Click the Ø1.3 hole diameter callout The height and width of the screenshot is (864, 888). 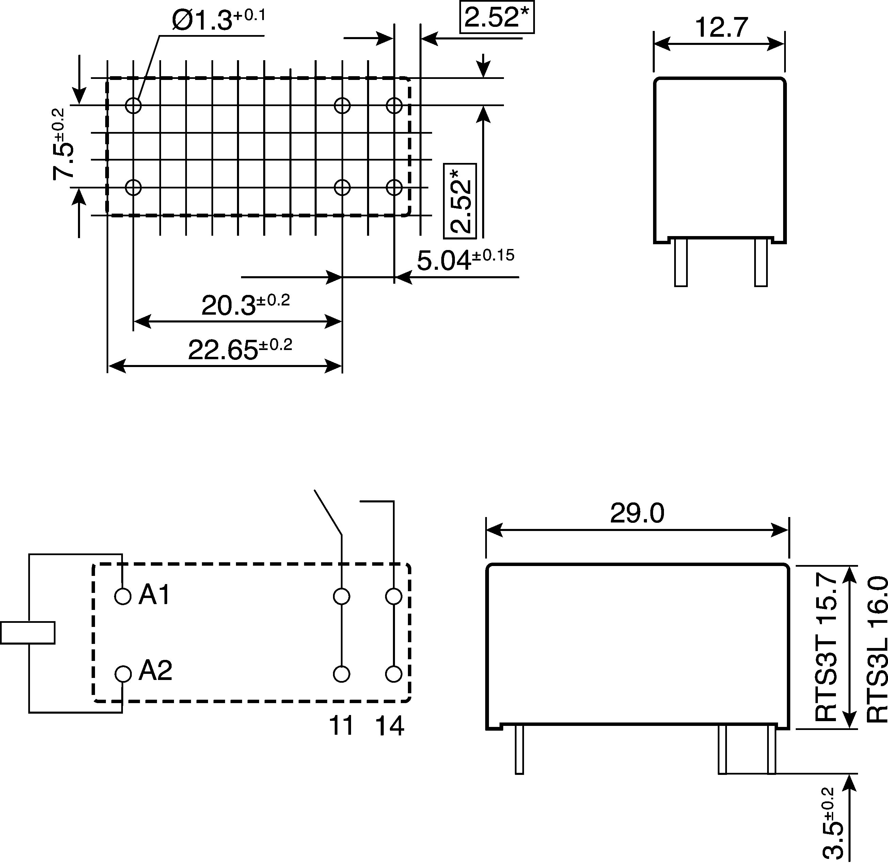click(219, 20)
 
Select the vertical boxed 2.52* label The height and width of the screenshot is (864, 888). click(460, 201)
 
